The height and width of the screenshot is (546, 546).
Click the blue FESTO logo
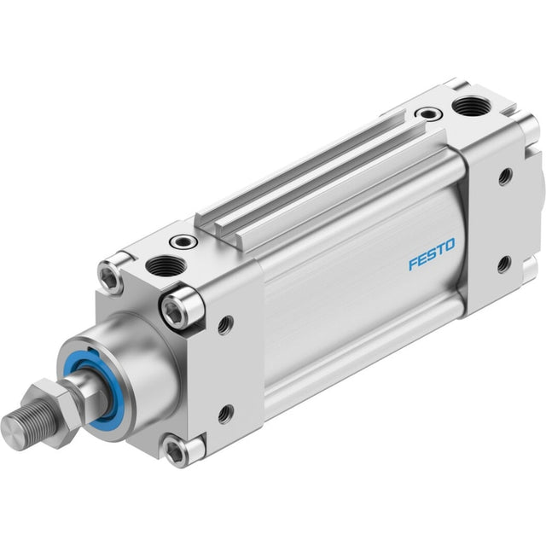click(x=432, y=254)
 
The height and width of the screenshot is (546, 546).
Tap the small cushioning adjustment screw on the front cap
click(x=183, y=241)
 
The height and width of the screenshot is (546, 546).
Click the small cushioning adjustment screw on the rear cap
click(x=428, y=113)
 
